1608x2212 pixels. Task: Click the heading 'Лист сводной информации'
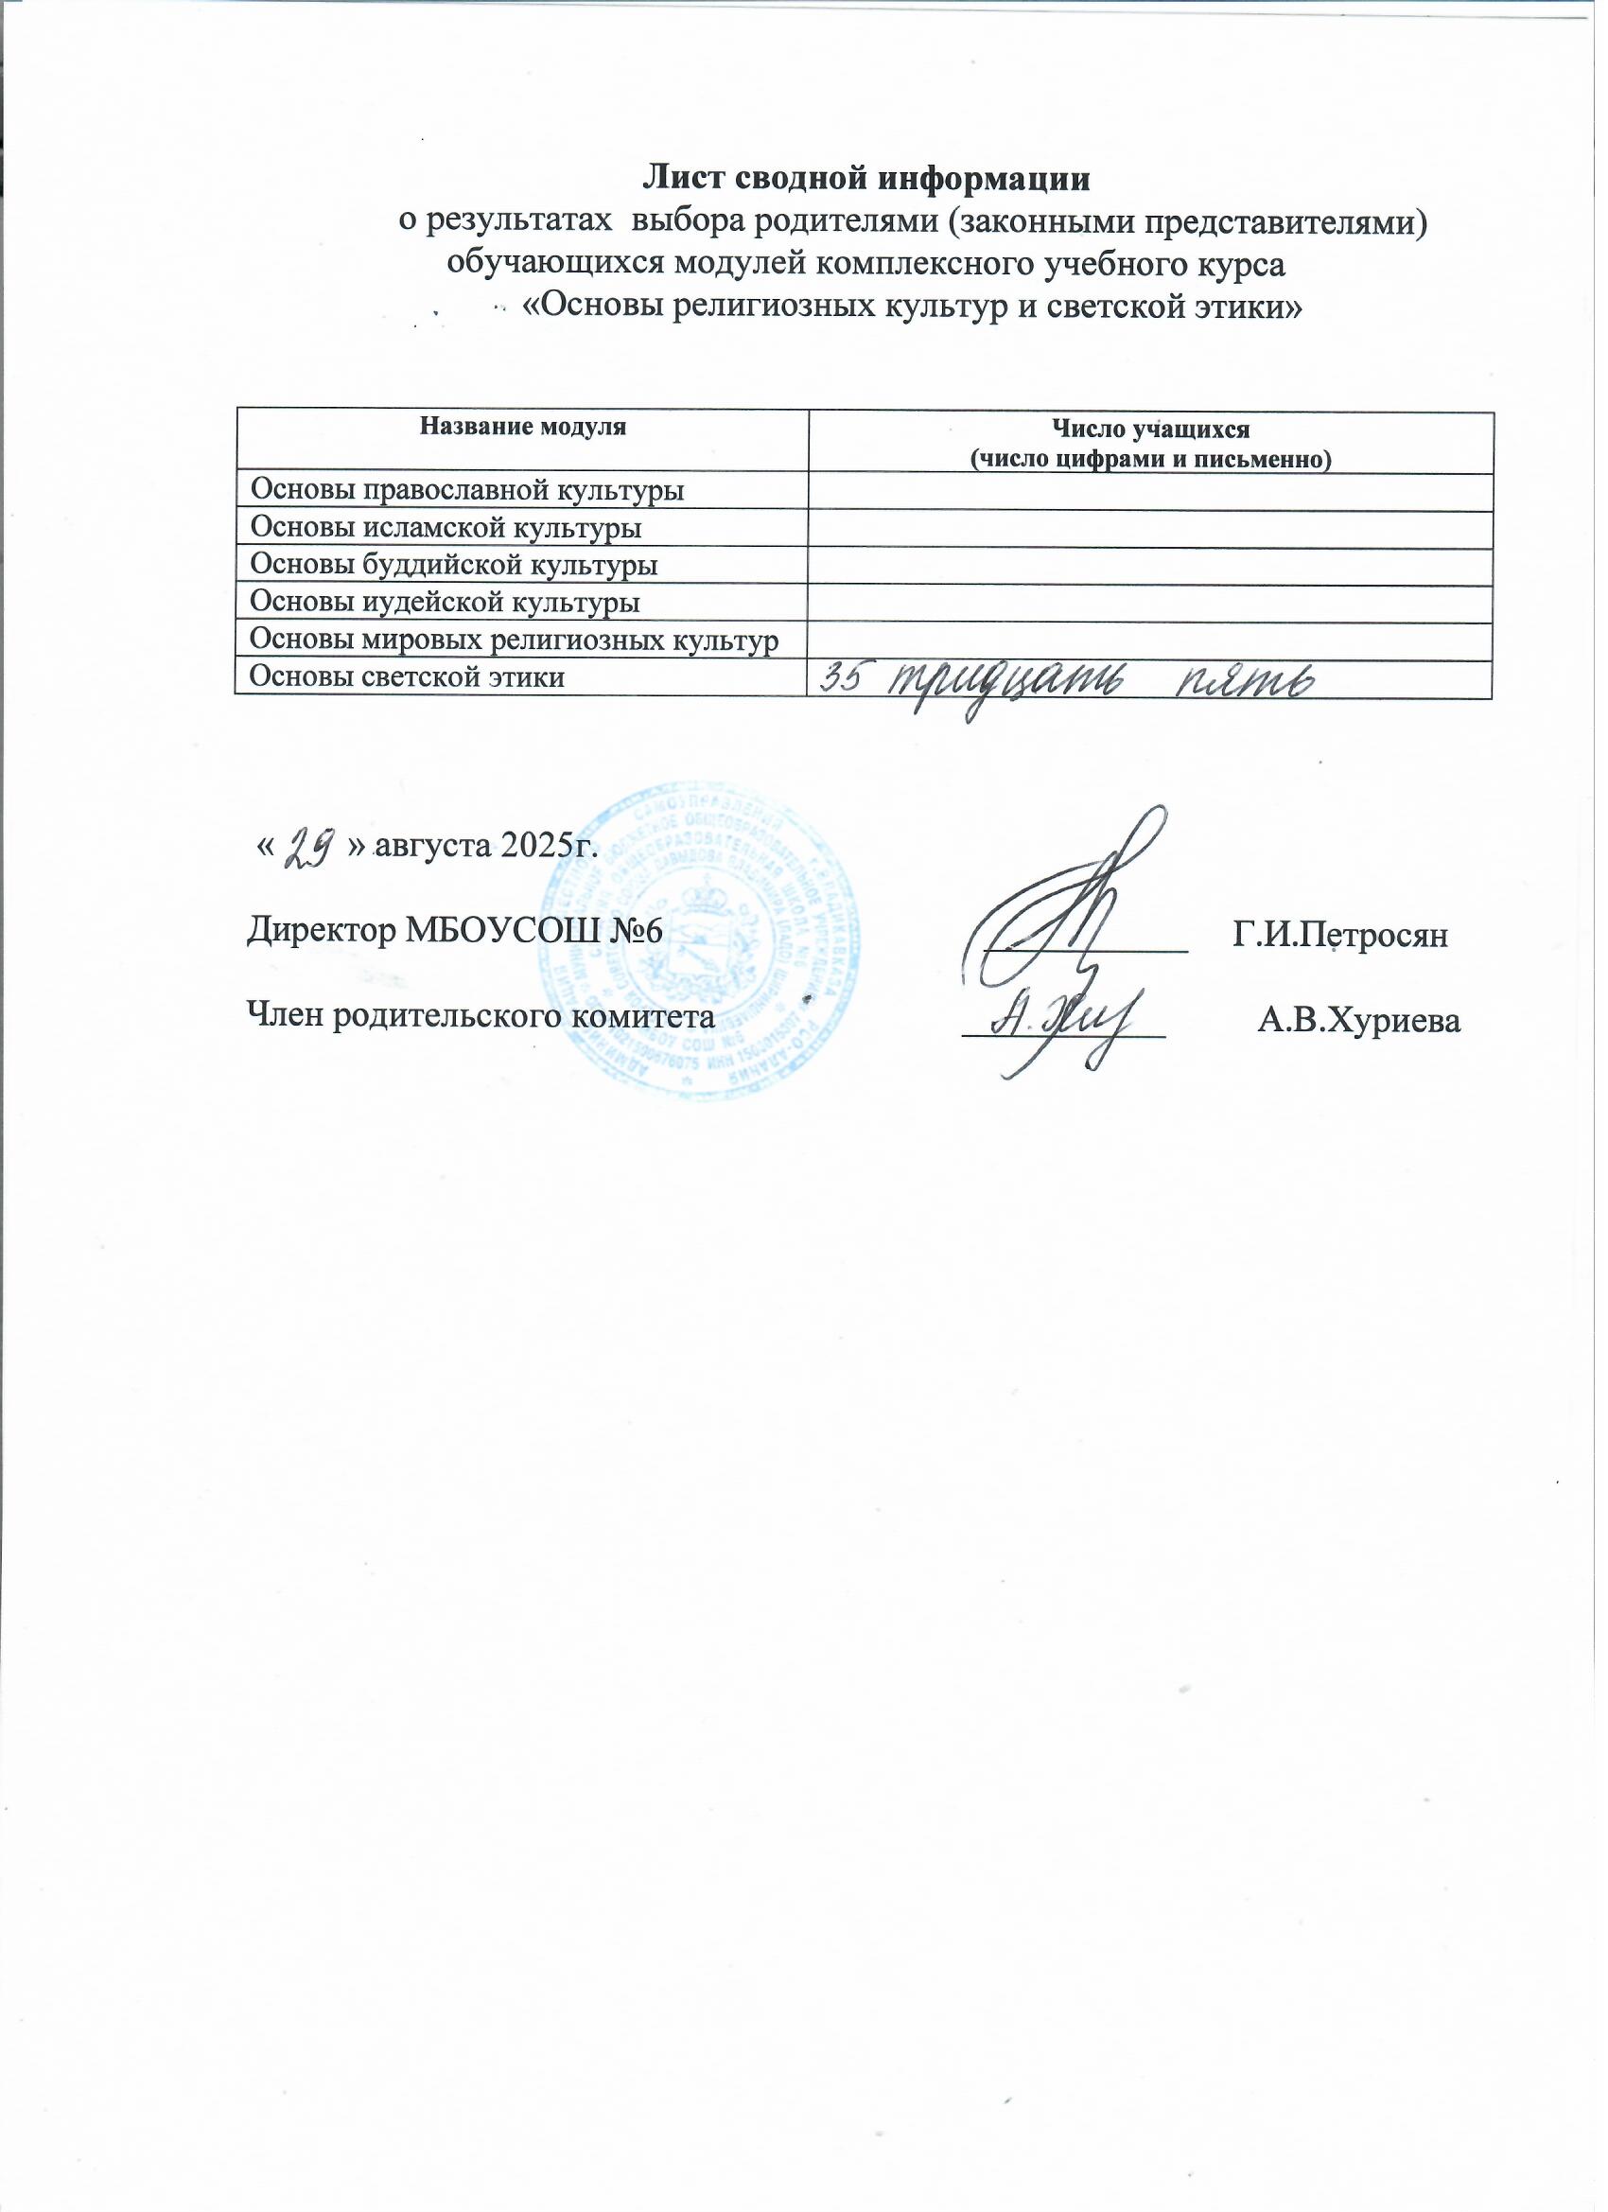[865, 180]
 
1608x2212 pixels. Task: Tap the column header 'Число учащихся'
[1149, 429]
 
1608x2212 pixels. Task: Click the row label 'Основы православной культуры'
[467, 491]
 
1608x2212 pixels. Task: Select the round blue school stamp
[700, 937]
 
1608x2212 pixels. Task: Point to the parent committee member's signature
[1065, 1024]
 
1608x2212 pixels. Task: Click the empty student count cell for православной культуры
[1149, 491]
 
